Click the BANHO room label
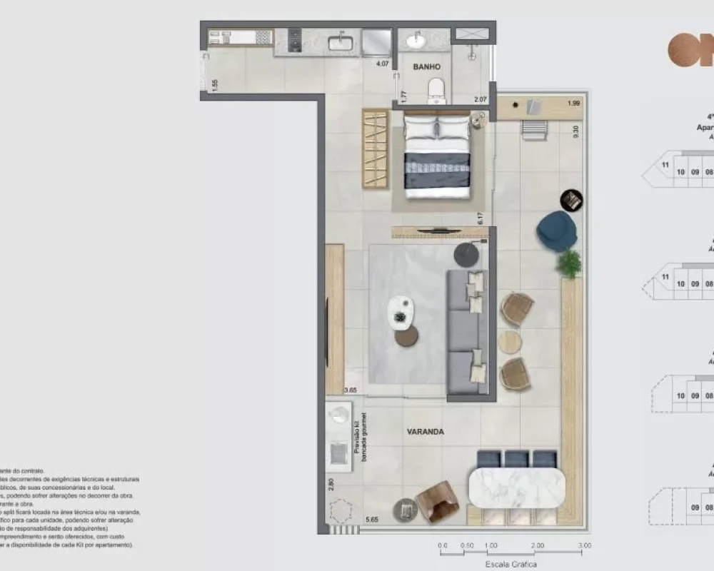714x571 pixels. pyautogui.click(x=427, y=66)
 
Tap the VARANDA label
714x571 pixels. pyautogui.click(x=426, y=432)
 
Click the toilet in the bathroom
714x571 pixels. pyautogui.click(x=436, y=90)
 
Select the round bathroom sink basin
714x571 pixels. pyautogui.click(x=416, y=41)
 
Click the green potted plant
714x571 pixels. pyautogui.click(x=569, y=264)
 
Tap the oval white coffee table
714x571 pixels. pyautogui.click(x=401, y=312)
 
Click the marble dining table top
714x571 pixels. pyautogui.click(x=516, y=487)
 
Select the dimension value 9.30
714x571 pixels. pyautogui.click(x=575, y=131)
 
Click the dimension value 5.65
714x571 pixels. pyautogui.click(x=371, y=520)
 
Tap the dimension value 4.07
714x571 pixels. pyautogui.click(x=383, y=64)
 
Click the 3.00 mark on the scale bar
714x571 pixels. pyautogui.click(x=585, y=545)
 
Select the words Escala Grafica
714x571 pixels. pyautogui.click(x=511, y=564)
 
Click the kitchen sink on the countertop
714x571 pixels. pyautogui.click(x=341, y=42)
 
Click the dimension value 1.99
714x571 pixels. pyautogui.click(x=573, y=103)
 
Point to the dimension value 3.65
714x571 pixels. pyautogui.click(x=351, y=390)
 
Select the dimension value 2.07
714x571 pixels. pyautogui.click(x=481, y=100)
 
